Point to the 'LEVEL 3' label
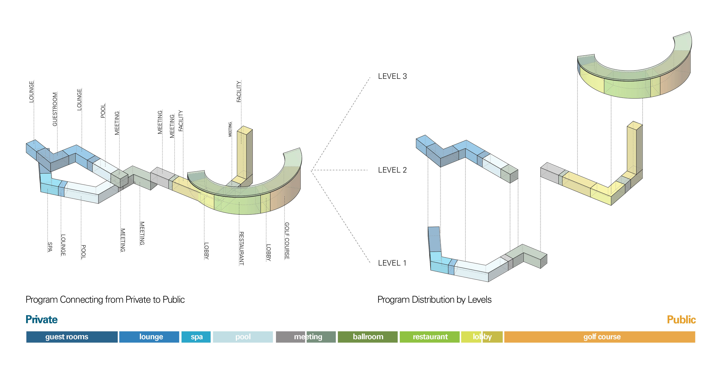point(392,76)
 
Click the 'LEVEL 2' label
point(392,170)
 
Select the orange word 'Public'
point(681,320)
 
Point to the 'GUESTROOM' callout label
point(55,109)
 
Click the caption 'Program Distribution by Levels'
point(434,300)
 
